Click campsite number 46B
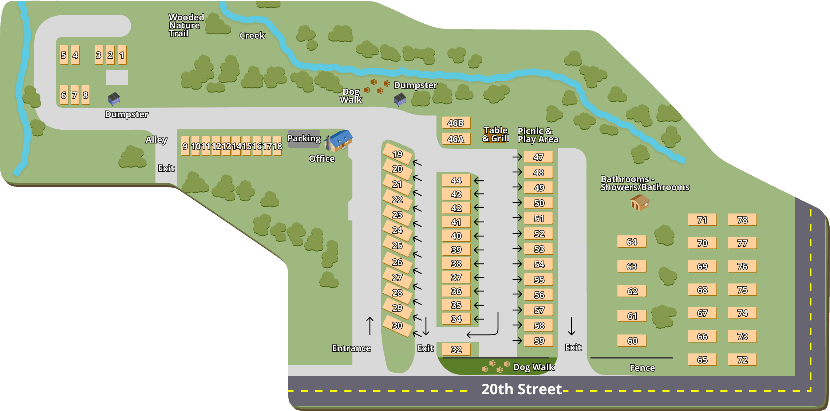[456, 123]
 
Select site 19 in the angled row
[397, 154]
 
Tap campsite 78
[742, 220]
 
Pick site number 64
[632, 242]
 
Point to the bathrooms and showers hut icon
[639, 202]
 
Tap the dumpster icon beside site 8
[114, 98]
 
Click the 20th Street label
[521, 389]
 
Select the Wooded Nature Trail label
[186, 26]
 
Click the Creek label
[252, 36]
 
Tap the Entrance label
[351, 348]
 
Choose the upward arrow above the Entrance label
[370, 325]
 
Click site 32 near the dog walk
[456, 349]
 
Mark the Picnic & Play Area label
[538, 135]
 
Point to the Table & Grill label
[495, 134]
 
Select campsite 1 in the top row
[122, 55]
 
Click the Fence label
[642, 368]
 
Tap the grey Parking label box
[304, 138]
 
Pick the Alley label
[156, 140]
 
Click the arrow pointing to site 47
[517, 157]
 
